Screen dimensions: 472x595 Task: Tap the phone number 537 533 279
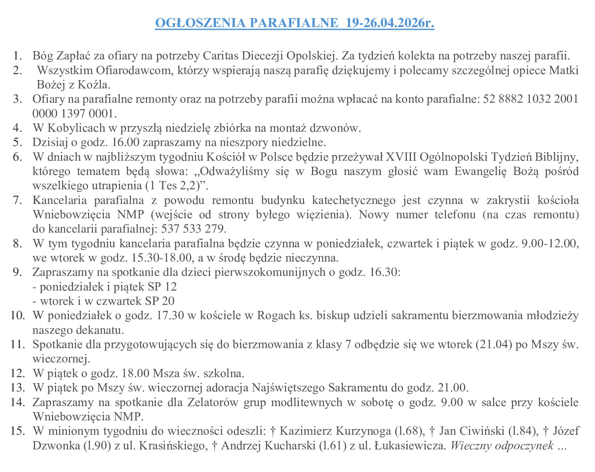(x=193, y=229)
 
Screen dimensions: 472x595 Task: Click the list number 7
(x=18, y=200)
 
